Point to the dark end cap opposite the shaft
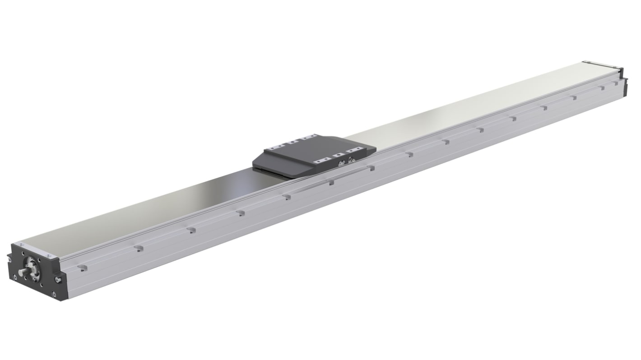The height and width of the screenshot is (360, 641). click(x=623, y=84)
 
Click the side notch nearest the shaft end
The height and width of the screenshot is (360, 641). click(x=82, y=268)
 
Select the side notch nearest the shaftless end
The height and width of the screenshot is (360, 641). click(x=616, y=83)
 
